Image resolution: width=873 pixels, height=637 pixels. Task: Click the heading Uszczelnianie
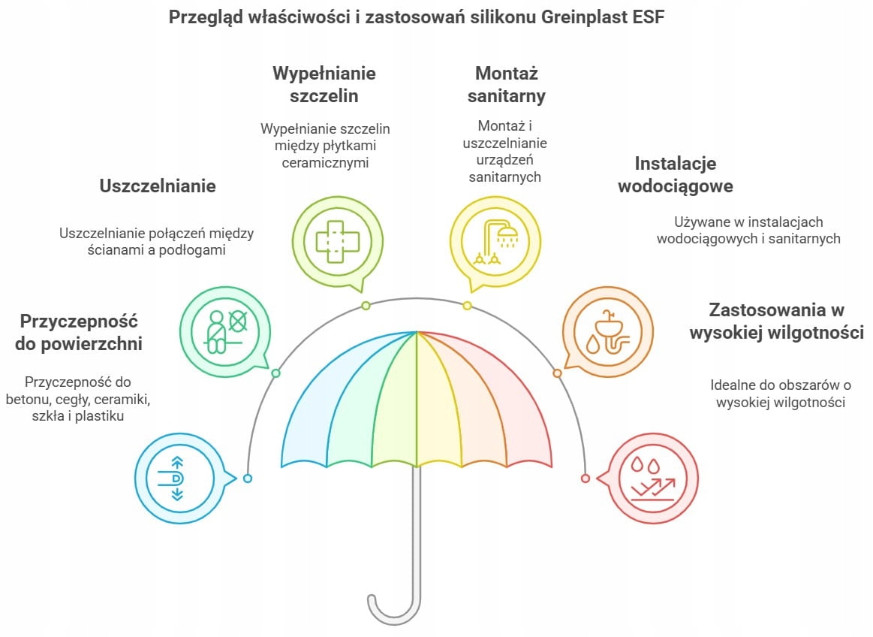pyautogui.click(x=158, y=186)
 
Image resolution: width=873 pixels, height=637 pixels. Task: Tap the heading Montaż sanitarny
pyautogui.click(x=507, y=84)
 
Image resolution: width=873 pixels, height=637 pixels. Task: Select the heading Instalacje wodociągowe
pyautogui.click(x=676, y=174)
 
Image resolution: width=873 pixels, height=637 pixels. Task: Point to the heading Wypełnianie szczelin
pyautogui.click(x=324, y=84)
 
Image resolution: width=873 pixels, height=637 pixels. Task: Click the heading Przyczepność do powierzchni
pyautogui.click(x=79, y=332)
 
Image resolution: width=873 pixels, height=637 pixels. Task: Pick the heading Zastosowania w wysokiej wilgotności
pyautogui.click(x=777, y=321)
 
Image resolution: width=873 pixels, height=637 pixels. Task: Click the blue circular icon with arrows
pyautogui.click(x=184, y=479)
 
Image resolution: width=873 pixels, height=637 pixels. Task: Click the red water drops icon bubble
pyautogui.click(x=649, y=479)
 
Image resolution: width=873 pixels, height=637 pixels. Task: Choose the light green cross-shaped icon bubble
pyautogui.click(x=338, y=243)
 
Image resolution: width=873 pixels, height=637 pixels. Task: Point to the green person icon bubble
pyautogui.click(x=225, y=331)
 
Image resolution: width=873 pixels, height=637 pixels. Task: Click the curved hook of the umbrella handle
pyautogui.click(x=393, y=612)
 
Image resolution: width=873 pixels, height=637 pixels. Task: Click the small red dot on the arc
pyautogui.click(x=586, y=479)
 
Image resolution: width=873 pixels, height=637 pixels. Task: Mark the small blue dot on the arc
pyautogui.click(x=248, y=479)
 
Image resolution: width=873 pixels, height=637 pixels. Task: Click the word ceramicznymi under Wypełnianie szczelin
pyautogui.click(x=325, y=163)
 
